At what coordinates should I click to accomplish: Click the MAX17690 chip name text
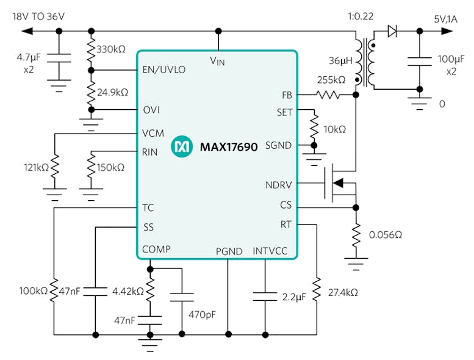[229, 146]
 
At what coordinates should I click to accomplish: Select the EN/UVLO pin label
[163, 70]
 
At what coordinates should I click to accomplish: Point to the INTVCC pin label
[270, 251]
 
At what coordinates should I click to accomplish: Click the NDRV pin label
[279, 185]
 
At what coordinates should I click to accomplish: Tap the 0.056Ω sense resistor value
[386, 234]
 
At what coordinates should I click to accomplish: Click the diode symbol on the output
[392, 32]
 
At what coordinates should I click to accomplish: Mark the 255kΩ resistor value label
[331, 80]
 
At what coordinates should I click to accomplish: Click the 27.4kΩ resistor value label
[342, 292]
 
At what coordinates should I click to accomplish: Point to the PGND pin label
[229, 251]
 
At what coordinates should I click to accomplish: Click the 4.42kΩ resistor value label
[127, 291]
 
